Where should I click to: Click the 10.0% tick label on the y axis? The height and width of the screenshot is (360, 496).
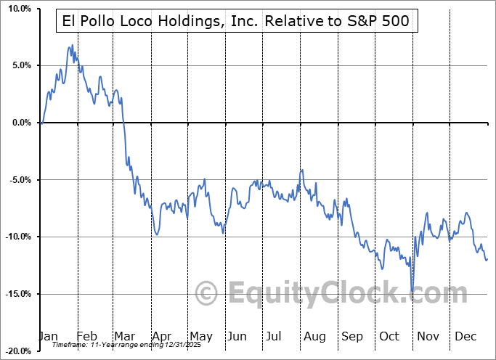17,9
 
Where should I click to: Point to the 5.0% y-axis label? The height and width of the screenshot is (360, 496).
20,65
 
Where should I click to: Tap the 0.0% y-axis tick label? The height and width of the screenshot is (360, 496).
20,123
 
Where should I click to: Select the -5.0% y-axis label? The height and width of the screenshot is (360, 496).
18,180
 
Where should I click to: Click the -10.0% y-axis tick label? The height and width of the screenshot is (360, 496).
16,237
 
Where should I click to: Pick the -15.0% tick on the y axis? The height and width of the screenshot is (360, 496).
16,294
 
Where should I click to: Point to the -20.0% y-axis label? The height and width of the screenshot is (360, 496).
16,351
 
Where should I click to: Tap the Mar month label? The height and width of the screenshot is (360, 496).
125,337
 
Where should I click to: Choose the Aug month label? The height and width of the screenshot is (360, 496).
314,337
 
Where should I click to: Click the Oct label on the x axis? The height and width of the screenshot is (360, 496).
389,337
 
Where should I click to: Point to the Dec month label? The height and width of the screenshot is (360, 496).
465,337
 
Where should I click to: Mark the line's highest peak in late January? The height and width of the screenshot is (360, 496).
72,45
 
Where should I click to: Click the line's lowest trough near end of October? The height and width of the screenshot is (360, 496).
412,290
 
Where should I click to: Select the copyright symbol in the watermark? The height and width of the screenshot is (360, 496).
207,293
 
